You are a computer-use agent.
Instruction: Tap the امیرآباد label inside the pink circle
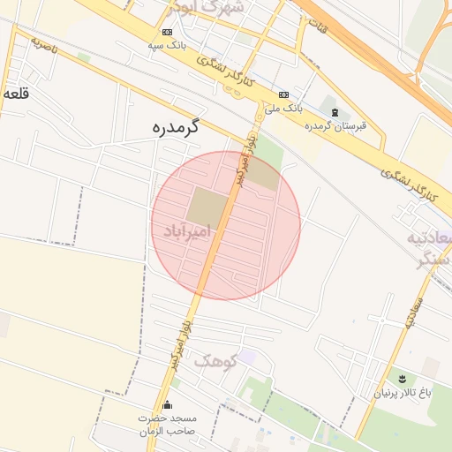tap(187, 231)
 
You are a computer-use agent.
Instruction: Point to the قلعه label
tap(15, 92)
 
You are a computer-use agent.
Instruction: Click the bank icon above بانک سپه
tap(167, 33)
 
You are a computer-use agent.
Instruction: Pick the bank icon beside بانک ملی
tap(283, 94)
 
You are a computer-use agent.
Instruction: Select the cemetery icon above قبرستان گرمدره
tap(334, 111)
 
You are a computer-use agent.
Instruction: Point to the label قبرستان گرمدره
tap(335, 125)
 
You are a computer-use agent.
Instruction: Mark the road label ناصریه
tap(44, 45)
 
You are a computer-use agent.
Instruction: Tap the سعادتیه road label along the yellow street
tap(414, 313)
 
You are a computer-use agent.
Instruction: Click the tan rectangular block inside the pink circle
tap(206, 207)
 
